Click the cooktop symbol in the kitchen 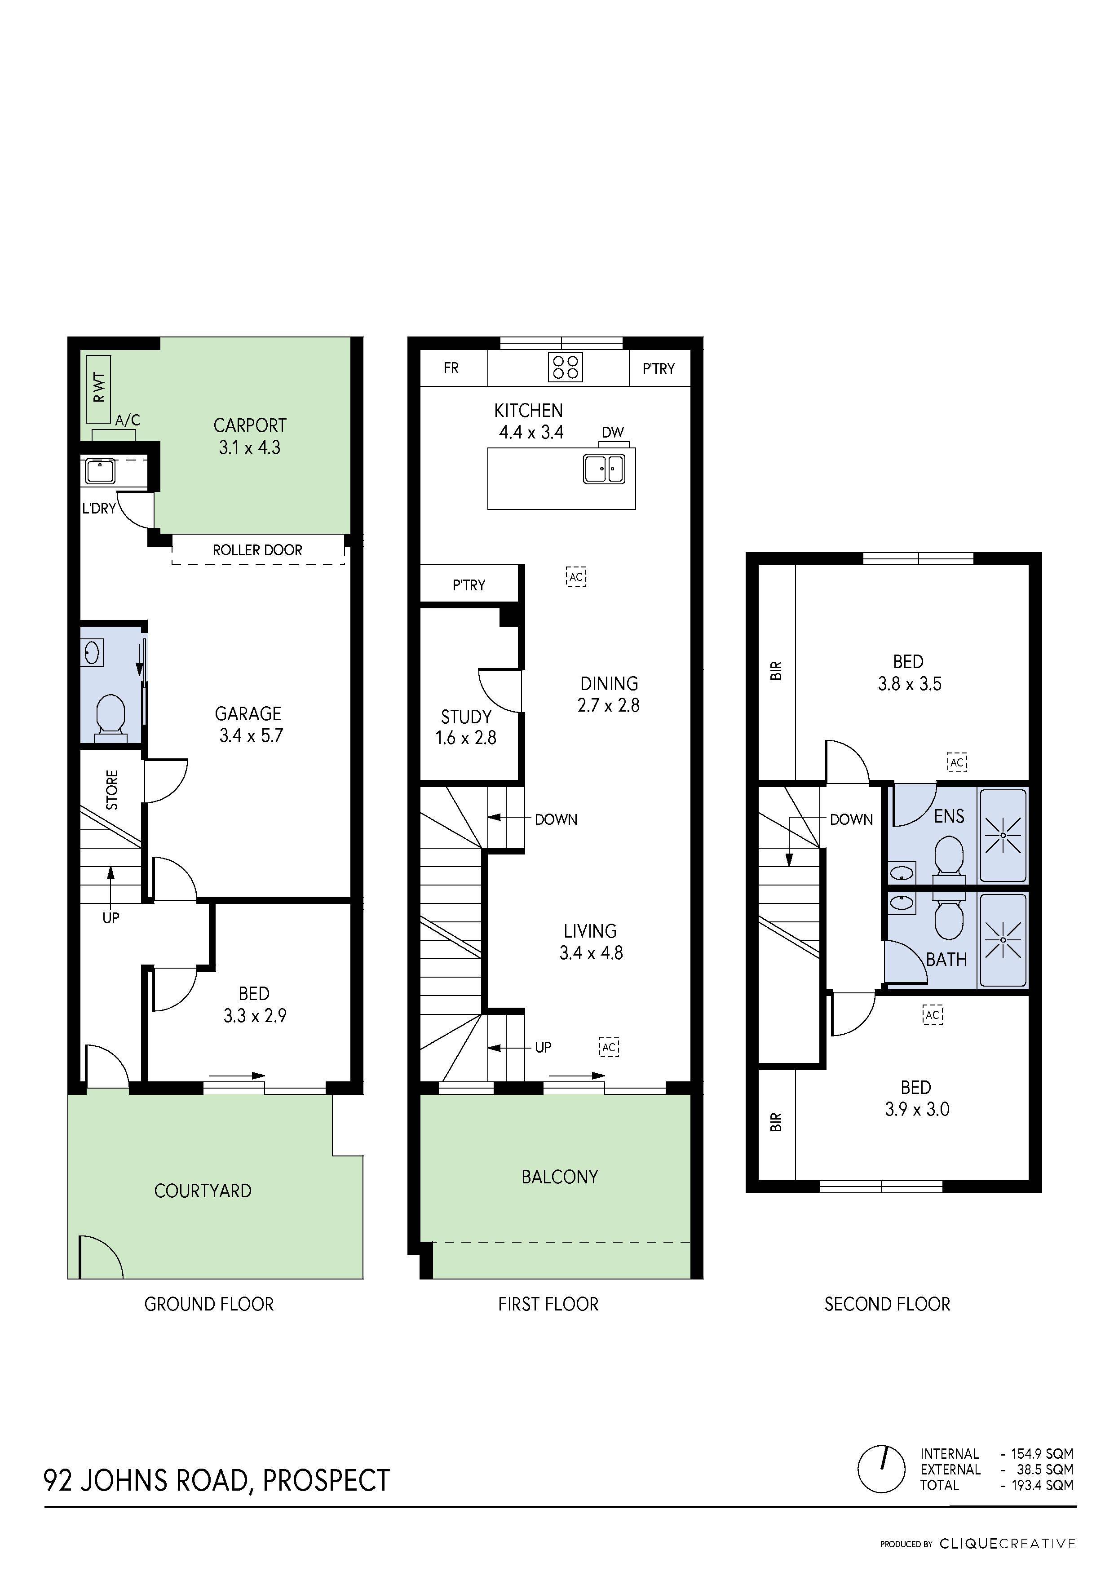pos(565,367)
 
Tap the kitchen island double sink pos(604,469)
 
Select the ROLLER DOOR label pos(257,550)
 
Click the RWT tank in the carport pos(99,389)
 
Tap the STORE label pos(112,789)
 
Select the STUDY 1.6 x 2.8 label pos(466,727)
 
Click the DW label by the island pos(612,433)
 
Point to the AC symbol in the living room pos(609,1047)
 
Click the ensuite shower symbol pos(1003,835)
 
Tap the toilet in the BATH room pos(949,918)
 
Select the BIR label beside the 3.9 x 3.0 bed pos(776,1122)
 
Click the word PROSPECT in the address pos(327,1481)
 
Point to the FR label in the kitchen pos(451,368)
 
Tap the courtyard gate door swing pos(100,1257)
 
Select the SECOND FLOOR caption pos(887,1304)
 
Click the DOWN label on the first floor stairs pos(556,819)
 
